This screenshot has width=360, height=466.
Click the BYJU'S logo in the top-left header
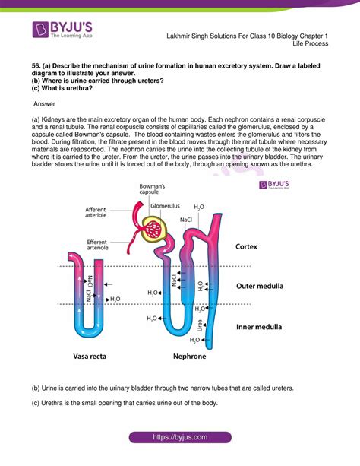[61, 33]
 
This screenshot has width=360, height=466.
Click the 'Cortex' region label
[248, 247]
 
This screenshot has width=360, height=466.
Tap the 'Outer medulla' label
[260, 286]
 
